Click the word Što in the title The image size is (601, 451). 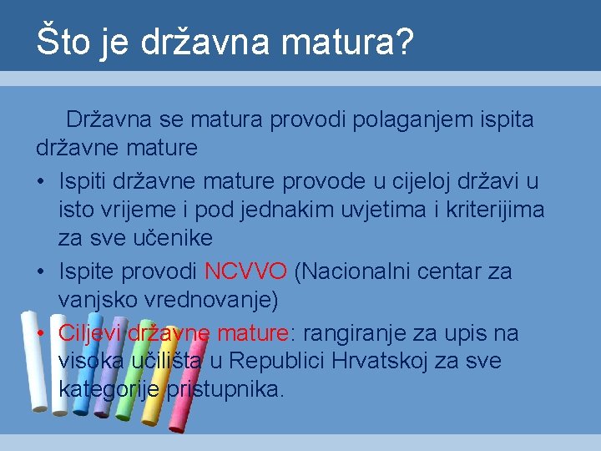click(63, 42)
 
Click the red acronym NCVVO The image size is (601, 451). click(245, 271)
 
